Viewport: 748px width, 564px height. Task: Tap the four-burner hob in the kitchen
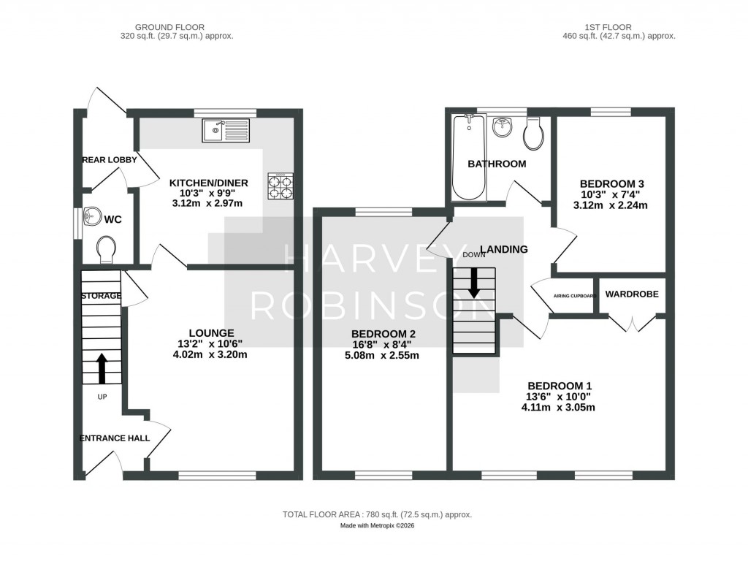click(280, 186)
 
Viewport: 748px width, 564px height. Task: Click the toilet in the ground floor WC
click(107, 248)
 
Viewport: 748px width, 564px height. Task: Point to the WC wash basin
click(92, 217)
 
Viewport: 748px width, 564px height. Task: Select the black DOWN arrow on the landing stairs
click(474, 282)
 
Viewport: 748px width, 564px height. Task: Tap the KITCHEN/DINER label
click(209, 183)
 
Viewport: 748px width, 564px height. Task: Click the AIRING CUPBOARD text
click(575, 296)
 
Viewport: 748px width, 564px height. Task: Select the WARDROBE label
click(632, 294)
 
